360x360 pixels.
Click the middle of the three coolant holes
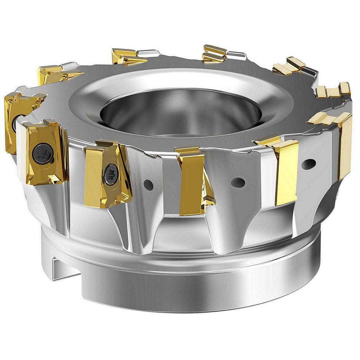tap(238, 182)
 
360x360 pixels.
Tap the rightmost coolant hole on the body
tap(308, 164)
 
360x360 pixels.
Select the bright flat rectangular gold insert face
tap(286, 172)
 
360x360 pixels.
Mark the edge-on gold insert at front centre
tap(191, 184)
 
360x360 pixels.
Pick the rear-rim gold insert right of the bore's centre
tap(214, 53)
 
